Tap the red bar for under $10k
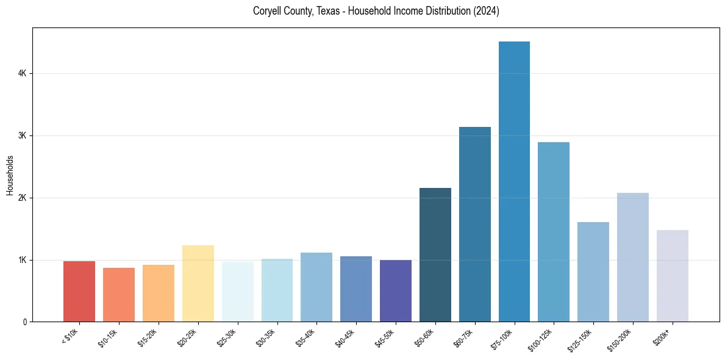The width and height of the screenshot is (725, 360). (x=79, y=292)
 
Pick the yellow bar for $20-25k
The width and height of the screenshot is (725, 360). (x=198, y=284)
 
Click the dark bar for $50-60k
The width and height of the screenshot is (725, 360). (x=435, y=255)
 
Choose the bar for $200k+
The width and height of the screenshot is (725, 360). (x=672, y=276)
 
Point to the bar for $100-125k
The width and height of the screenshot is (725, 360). (x=554, y=232)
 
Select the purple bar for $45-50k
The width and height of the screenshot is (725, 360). (x=396, y=291)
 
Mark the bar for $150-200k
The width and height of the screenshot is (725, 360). (x=633, y=257)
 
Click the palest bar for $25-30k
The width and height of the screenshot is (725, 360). (x=238, y=292)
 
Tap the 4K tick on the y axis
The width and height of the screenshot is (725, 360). (x=22, y=73)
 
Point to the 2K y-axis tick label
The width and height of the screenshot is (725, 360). (x=22, y=198)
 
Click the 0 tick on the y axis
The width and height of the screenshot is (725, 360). (x=24, y=322)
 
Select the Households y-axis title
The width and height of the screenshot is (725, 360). (x=10, y=175)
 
